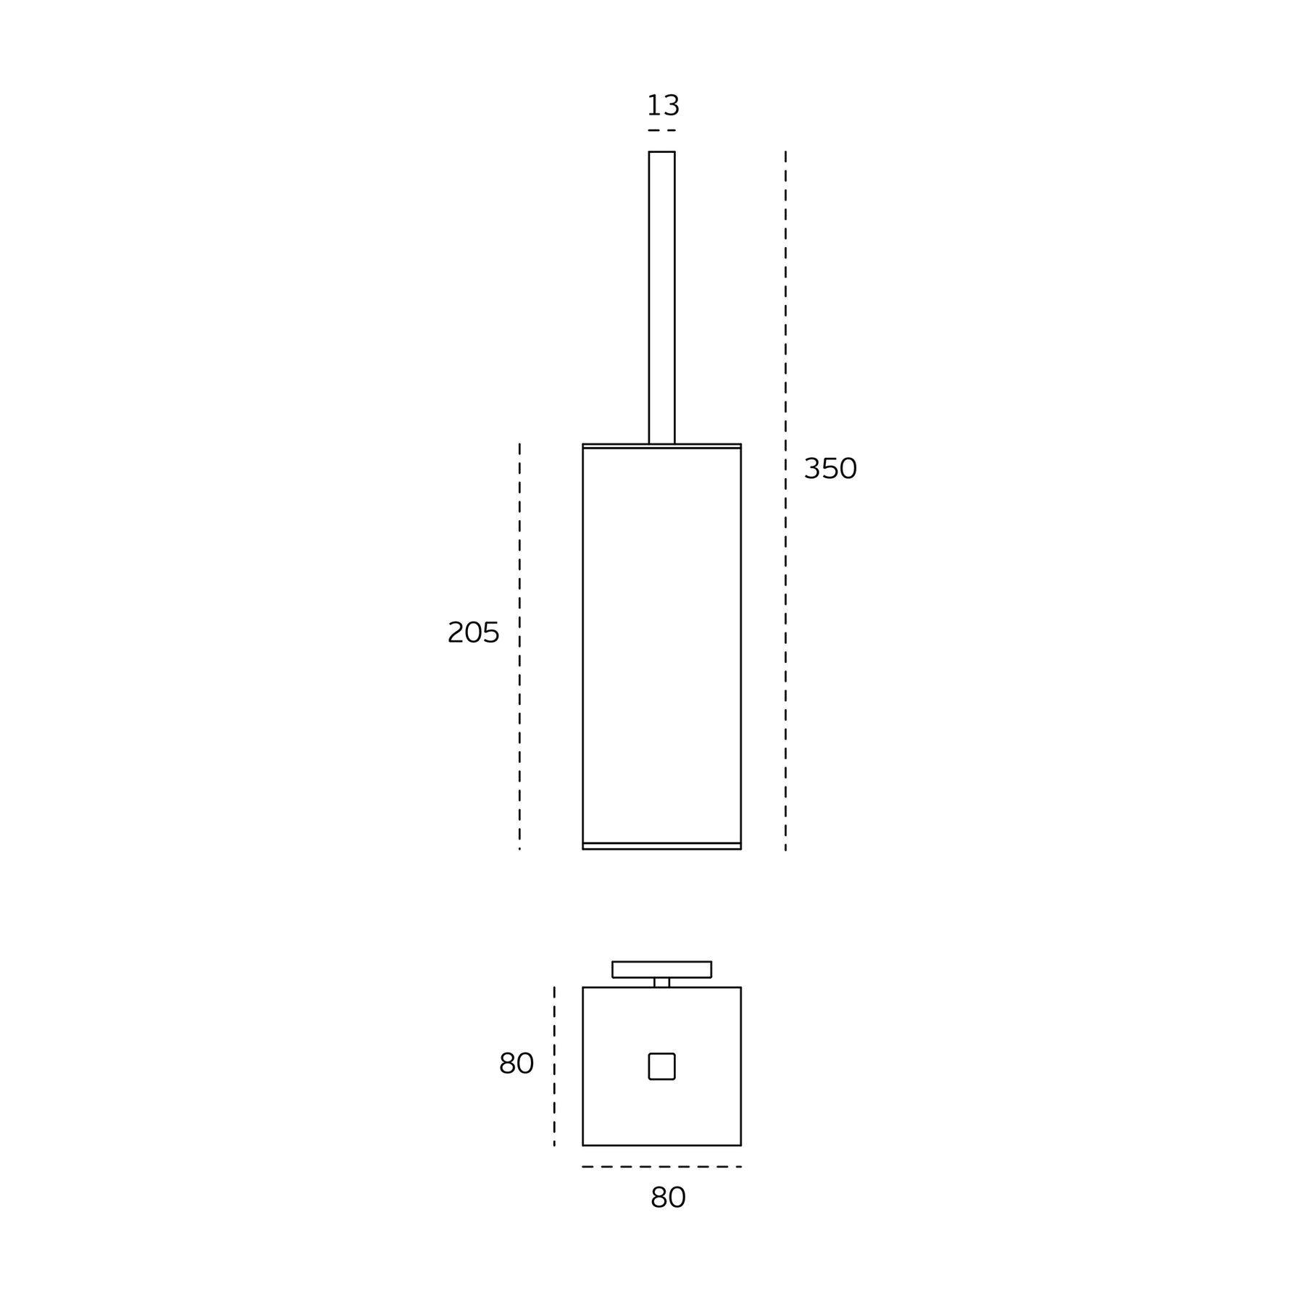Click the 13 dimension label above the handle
point(663,106)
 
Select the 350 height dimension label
point(830,469)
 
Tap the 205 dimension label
point(474,632)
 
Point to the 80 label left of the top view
point(516,1063)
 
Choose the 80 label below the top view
point(668,1198)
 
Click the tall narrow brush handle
point(661,297)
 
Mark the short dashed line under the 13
point(661,130)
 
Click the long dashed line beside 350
point(785,501)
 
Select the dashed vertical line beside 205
point(519,646)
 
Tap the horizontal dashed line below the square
point(661,1166)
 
